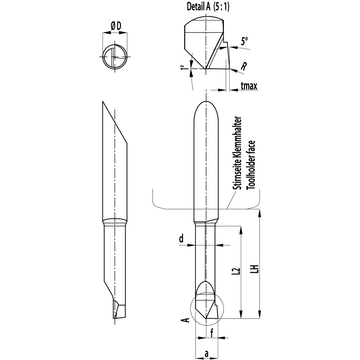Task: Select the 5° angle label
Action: click(245, 41)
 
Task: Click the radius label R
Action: click(244, 66)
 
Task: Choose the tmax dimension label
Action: click(248, 86)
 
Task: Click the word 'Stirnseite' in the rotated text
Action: click(237, 174)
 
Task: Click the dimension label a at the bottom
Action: click(207, 354)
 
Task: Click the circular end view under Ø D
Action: click(115, 58)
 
